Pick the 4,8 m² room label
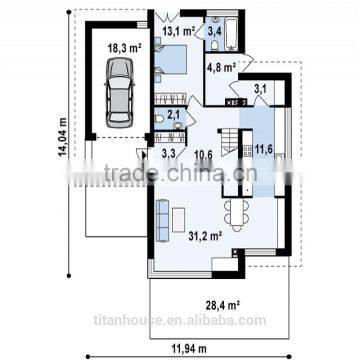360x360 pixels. (x=221, y=69)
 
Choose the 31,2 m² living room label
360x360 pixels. (x=203, y=236)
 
